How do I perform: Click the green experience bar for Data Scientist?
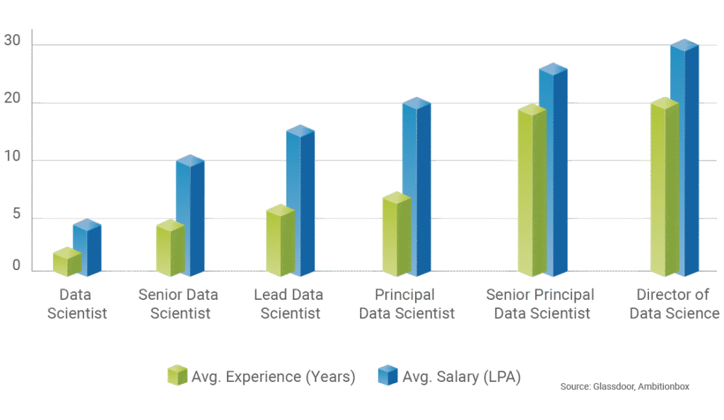[66, 263]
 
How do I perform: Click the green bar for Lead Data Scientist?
[280, 242]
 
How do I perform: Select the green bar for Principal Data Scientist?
[396, 235]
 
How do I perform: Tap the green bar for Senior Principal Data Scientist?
[532, 191]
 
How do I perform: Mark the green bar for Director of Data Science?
[664, 188]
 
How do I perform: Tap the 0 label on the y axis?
[16, 267]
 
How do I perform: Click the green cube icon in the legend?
[177, 375]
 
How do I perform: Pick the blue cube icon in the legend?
[387, 375]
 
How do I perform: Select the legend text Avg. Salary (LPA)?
[462, 377]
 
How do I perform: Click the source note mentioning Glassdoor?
[624, 387]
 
